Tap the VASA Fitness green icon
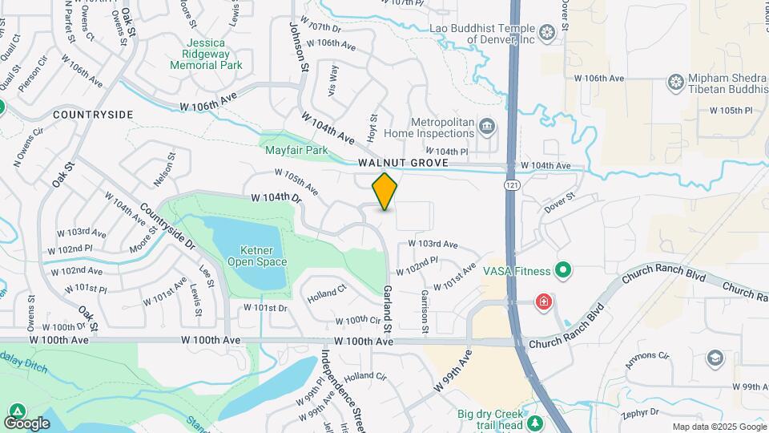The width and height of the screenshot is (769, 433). pyautogui.click(x=563, y=271)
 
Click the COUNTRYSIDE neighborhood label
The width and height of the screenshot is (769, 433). pyautogui.click(x=93, y=115)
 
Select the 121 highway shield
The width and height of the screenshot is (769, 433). pyautogui.click(x=510, y=185)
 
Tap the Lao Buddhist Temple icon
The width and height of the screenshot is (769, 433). pyautogui.click(x=547, y=33)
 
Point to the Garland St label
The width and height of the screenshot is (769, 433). pyautogui.click(x=387, y=310)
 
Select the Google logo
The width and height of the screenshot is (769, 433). pyautogui.click(x=26, y=423)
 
